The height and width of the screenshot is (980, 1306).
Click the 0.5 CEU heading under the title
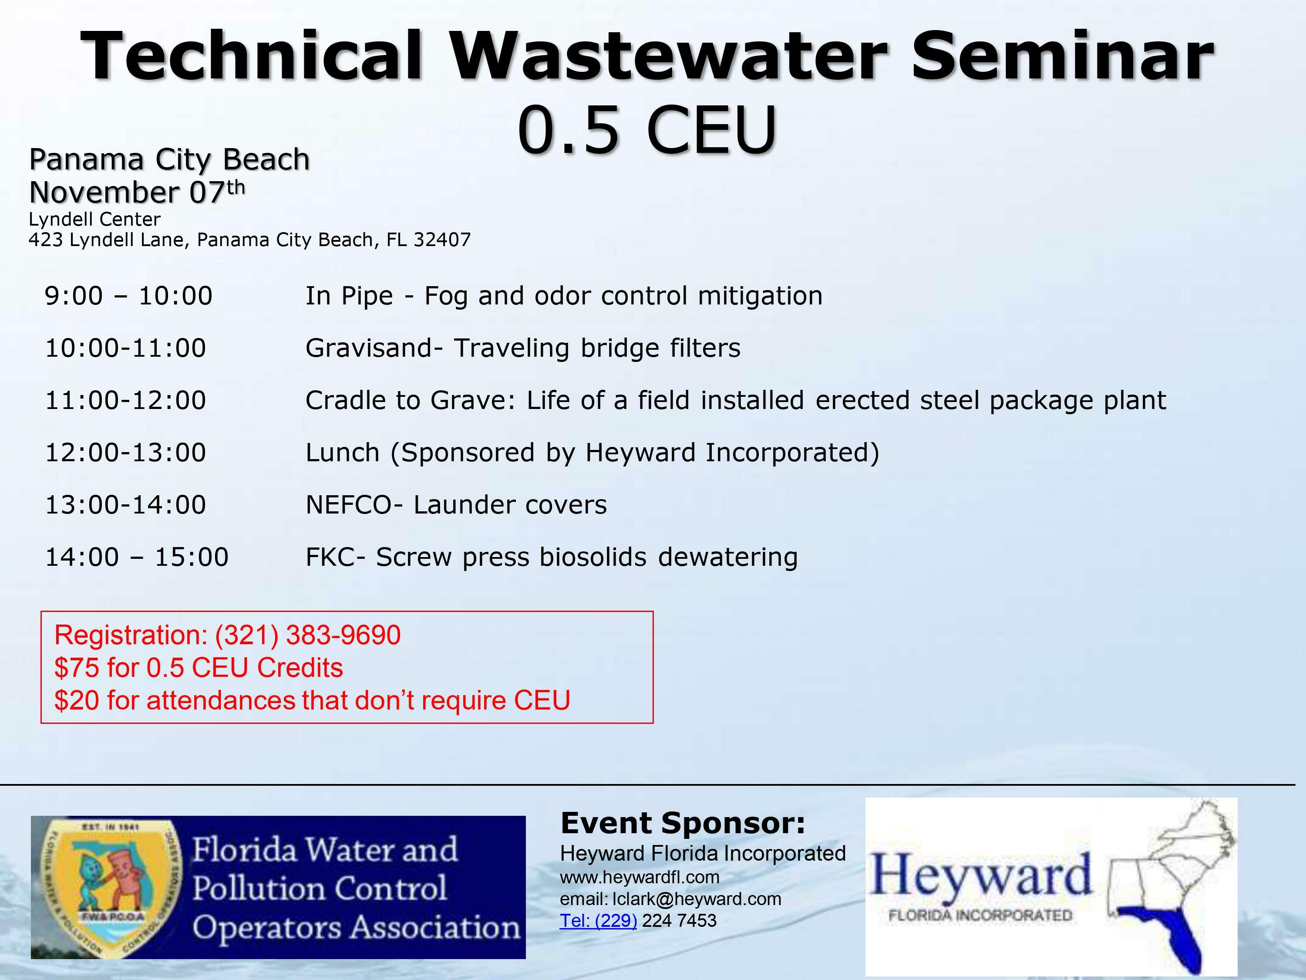click(x=647, y=129)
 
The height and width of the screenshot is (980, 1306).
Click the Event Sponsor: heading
click(x=683, y=823)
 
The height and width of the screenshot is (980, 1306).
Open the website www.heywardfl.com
click(x=640, y=877)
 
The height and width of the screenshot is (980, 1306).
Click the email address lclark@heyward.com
click(x=697, y=899)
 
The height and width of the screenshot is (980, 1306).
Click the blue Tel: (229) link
click(x=598, y=921)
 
